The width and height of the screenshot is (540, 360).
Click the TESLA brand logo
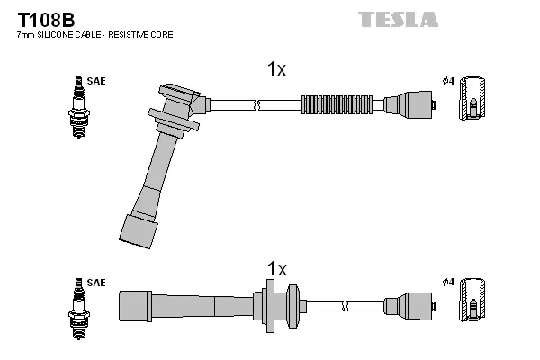tap(398, 19)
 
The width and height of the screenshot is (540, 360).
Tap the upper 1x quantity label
tap(276, 69)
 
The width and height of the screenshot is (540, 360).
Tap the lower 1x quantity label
tap(276, 269)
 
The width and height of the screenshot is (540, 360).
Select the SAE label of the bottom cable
tap(96, 283)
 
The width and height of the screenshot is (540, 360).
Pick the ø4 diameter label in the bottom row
tap(447, 283)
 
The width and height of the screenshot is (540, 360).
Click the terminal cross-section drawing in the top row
tap(474, 102)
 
